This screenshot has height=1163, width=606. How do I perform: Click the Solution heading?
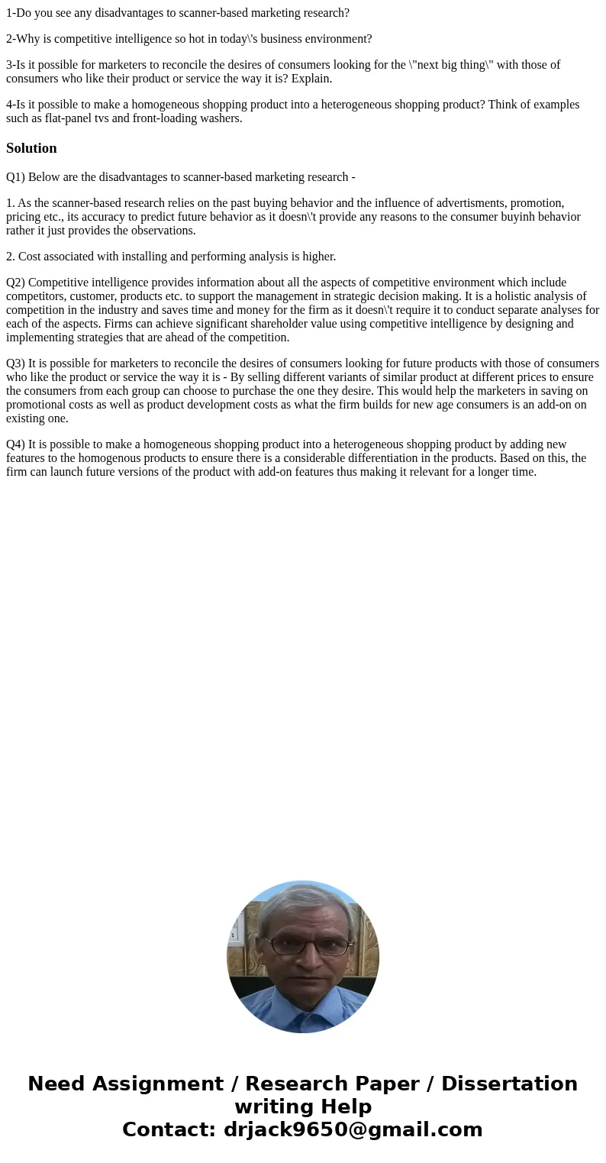[x=31, y=148]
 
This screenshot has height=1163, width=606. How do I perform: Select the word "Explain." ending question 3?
[x=311, y=79]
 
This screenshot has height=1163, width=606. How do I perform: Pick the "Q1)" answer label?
[x=15, y=177]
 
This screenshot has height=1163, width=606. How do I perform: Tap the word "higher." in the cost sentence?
[x=314, y=257]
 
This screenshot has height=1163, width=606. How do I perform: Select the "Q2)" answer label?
[x=15, y=283]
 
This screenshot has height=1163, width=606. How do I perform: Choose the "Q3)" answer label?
[x=15, y=363]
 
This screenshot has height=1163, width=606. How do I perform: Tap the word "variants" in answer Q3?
[x=282, y=377]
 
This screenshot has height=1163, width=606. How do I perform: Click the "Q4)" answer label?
[x=15, y=444]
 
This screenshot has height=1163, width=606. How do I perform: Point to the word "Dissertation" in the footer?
[x=509, y=1084]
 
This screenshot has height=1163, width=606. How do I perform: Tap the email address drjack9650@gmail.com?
[x=353, y=1130]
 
